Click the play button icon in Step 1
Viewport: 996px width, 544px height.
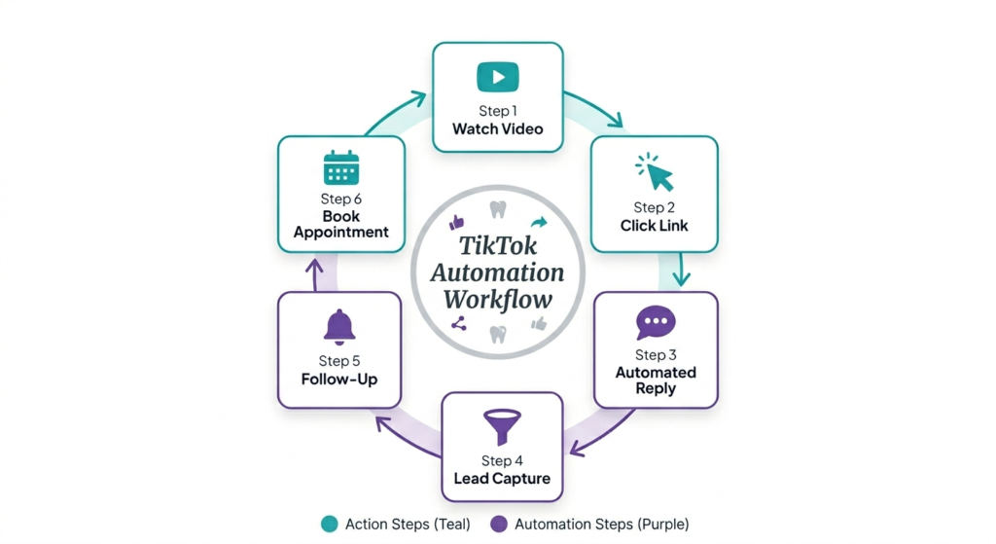click(x=497, y=77)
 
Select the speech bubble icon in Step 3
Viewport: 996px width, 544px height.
click(x=655, y=323)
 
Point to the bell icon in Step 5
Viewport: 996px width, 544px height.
click(x=338, y=328)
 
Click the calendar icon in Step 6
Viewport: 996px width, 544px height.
click(x=341, y=167)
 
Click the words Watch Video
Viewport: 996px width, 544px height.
click(x=497, y=128)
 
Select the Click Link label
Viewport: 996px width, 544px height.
click(x=654, y=226)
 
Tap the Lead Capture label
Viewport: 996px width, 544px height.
click(x=502, y=478)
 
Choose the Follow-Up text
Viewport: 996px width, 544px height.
click(x=338, y=379)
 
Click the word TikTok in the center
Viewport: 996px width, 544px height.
click(x=497, y=247)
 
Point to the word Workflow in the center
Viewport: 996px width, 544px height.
click(x=497, y=299)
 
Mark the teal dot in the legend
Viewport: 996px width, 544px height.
click(x=329, y=525)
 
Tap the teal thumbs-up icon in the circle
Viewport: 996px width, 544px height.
click(x=457, y=222)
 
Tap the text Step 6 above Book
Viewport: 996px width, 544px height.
click(x=340, y=199)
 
